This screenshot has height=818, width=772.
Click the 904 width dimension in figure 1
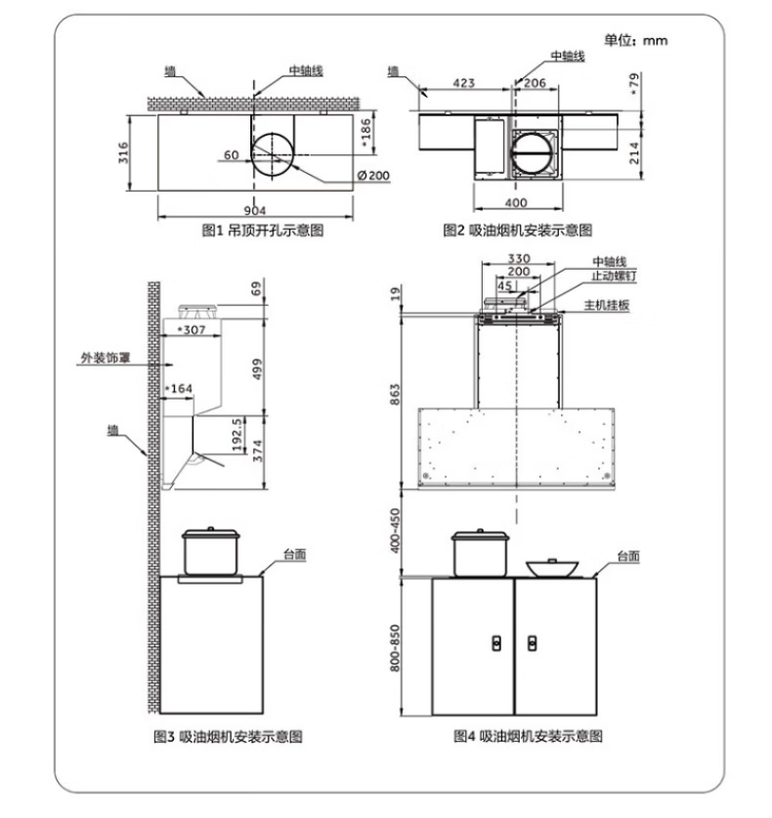point(255,210)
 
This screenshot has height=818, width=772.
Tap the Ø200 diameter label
point(373,175)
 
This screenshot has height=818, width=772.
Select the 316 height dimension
point(123,152)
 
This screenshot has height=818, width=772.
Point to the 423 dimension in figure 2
point(464,83)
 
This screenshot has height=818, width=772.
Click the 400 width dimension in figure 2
point(516,202)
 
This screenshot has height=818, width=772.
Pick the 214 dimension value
point(634,152)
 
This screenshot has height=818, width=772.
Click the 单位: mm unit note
point(636,41)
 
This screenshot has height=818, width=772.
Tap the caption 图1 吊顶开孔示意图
point(263,230)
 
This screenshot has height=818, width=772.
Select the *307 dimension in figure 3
point(192,329)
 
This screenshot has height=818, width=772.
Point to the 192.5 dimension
point(236,434)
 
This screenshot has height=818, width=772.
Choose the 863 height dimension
point(395,395)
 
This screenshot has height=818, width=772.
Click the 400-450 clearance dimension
point(395,531)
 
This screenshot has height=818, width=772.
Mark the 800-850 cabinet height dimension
point(395,648)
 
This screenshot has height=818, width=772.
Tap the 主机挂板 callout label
point(606,305)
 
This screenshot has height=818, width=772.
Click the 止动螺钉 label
point(614,276)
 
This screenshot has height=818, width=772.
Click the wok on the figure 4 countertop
point(552,568)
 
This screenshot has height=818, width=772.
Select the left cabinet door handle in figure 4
point(497,643)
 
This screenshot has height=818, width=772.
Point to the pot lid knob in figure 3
point(211,529)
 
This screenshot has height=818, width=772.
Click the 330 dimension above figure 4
point(519,258)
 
